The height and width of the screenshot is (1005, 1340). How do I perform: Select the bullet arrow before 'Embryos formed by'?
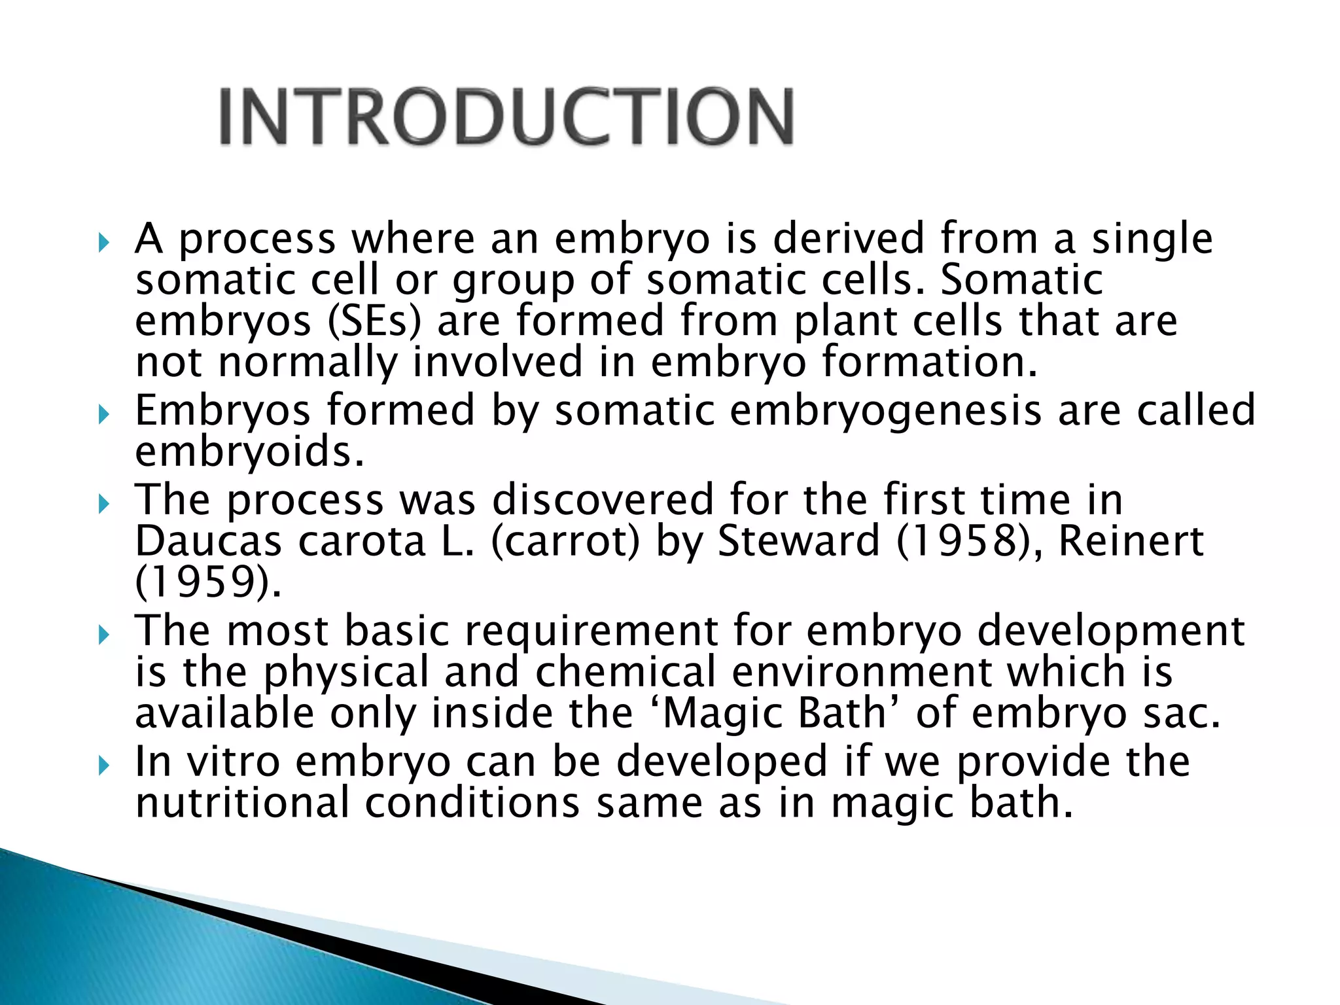click(x=103, y=414)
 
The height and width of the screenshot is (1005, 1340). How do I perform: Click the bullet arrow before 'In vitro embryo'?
click(x=103, y=766)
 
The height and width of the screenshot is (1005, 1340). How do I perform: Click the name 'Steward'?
click(x=798, y=542)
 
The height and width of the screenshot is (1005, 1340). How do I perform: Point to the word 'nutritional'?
click(x=242, y=803)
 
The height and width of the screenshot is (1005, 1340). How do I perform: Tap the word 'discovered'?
click(x=602, y=501)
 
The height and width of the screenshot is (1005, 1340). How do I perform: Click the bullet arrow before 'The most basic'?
click(x=103, y=635)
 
